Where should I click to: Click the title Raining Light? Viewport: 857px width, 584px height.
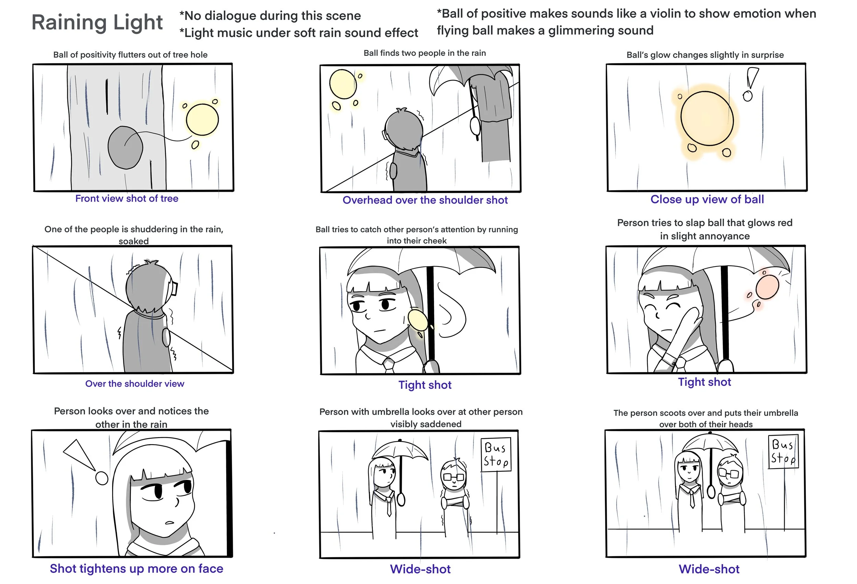click(x=97, y=23)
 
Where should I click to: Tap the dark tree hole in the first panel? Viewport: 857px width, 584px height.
click(x=125, y=147)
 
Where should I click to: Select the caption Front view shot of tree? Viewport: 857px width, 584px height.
click(x=127, y=199)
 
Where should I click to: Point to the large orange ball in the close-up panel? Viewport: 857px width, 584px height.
click(x=707, y=119)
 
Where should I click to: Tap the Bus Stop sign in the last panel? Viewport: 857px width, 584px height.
click(x=783, y=452)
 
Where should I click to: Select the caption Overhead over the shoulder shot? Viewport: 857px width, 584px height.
click(x=425, y=200)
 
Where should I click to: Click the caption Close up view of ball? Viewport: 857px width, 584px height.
click(x=707, y=199)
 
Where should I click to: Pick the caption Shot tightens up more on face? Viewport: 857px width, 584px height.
click(x=136, y=569)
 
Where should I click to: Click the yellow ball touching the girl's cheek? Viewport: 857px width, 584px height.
click(x=418, y=320)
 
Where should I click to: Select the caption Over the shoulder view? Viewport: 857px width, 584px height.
click(x=135, y=384)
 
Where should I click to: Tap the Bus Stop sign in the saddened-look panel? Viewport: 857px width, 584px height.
click(x=496, y=454)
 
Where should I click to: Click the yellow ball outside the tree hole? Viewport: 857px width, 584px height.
click(x=202, y=120)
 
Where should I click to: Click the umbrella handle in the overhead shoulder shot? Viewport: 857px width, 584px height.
click(x=475, y=125)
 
